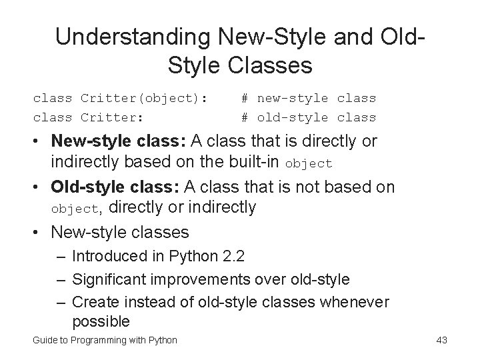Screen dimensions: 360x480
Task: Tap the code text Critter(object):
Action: click(x=144, y=99)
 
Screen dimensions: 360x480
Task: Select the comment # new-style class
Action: click(x=309, y=99)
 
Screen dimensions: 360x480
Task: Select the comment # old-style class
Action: click(x=309, y=118)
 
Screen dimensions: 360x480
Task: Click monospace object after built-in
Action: click(x=308, y=164)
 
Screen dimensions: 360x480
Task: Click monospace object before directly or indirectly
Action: click(x=75, y=209)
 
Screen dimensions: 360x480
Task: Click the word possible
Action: click(x=100, y=321)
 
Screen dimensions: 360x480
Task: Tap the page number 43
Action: click(x=441, y=341)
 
